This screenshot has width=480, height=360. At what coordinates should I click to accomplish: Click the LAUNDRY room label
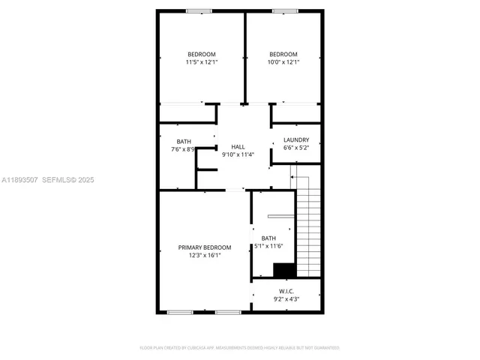296,139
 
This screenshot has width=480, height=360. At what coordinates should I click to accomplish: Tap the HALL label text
238,146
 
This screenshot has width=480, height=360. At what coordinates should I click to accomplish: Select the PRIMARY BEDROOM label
204,247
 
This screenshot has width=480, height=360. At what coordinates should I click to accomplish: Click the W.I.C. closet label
286,291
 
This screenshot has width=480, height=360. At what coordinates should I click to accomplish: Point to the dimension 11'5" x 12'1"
201,62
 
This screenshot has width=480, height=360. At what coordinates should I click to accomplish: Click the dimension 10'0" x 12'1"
283,62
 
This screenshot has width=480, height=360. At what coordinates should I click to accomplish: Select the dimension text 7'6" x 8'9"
183,149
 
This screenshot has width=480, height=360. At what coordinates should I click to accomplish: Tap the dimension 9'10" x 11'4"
238,154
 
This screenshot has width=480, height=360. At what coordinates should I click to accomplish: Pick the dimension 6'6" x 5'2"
296,148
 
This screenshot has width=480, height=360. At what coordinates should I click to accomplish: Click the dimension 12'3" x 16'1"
204,255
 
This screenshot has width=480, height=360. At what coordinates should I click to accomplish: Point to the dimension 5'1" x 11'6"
268,246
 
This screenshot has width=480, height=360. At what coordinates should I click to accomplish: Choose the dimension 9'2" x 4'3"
286,299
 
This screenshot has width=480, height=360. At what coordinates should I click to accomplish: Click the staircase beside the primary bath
308,225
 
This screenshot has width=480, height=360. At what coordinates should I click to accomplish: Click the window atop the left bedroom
198,10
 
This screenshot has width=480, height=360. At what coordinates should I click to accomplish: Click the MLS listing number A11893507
19,180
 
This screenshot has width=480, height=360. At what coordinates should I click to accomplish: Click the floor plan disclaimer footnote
240,348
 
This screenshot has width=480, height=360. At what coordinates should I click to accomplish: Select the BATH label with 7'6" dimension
183,141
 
